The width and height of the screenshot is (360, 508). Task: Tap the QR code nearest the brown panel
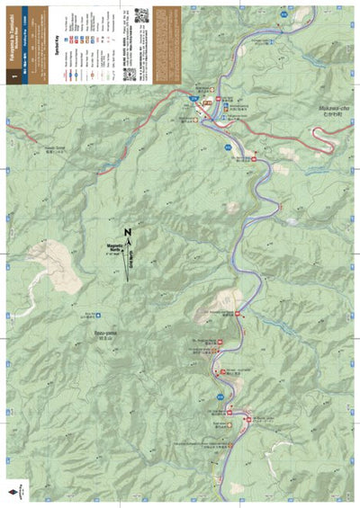[x=142, y=15]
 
